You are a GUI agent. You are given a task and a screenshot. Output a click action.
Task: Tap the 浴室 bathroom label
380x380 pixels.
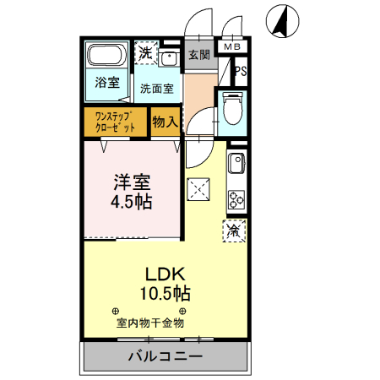click(x=106, y=84)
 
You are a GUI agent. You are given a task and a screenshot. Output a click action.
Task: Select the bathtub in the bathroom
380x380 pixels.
click(x=107, y=57)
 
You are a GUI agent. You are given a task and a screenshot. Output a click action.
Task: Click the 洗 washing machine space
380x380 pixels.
click(x=146, y=52)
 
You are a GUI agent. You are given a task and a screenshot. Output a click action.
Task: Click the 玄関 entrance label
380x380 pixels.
click(x=199, y=56)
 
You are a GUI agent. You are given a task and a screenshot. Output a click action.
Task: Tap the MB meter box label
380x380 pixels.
click(x=231, y=47)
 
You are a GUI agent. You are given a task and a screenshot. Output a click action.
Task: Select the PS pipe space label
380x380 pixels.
click(x=241, y=73)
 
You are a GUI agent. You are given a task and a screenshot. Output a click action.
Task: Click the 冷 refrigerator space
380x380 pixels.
click(x=233, y=230)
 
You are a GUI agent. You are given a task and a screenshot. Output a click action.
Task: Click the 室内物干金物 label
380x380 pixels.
click(x=149, y=323)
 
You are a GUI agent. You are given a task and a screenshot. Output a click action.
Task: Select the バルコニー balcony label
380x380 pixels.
click(x=165, y=356)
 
